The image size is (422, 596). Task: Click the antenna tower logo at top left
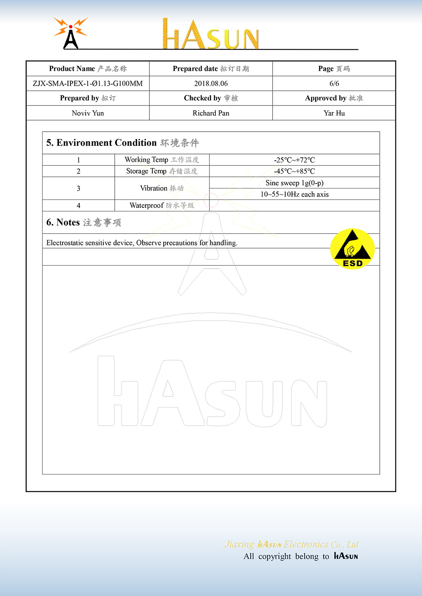point(71,33)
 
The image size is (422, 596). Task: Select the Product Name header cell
point(88,69)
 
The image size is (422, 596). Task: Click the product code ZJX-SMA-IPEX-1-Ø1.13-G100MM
point(88,84)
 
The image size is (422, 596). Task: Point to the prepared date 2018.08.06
point(211,84)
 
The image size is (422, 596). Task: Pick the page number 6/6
point(334,84)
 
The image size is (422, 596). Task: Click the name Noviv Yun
point(88,113)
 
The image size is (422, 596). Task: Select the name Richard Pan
point(211,113)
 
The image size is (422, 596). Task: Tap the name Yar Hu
point(334,113)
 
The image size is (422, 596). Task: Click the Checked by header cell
point(211,98)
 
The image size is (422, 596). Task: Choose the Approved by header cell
point(334,98)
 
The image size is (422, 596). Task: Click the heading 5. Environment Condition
point(122,143)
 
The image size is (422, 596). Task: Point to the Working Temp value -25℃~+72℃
point(295,160)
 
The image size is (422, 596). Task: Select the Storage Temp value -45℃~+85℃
point(295,171)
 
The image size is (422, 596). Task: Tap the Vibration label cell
point(162,188)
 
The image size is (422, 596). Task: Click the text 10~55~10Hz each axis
point(295,194)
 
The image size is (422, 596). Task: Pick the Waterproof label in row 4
point(162,205)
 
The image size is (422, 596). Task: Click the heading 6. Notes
point(84,222)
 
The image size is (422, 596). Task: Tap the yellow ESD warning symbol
point(352,249)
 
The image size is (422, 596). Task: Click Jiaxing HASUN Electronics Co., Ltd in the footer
point(292,544)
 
